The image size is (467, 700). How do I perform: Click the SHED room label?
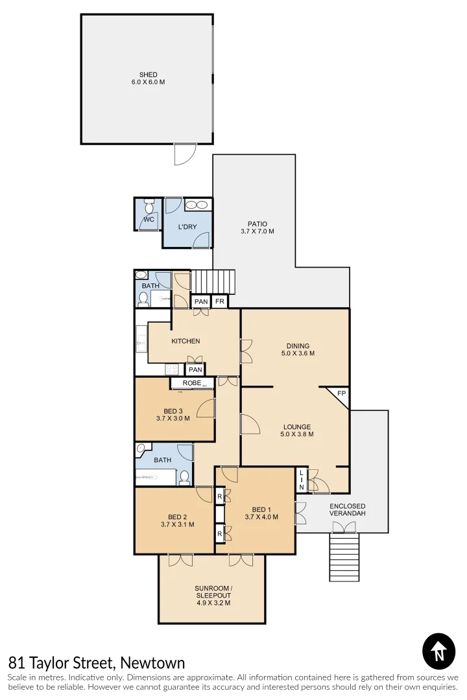coord(148,75)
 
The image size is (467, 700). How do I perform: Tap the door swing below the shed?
coord(184,154)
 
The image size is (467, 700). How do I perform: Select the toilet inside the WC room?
coord(149,207)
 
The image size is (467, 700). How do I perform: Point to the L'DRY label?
coord(187,226)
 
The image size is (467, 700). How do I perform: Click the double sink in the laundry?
coord(197,205)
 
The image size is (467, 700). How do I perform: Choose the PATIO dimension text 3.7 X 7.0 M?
coord(257,231)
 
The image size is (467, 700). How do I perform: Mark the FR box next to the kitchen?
coord(220,301)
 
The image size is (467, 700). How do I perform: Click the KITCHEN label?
coord(186,341)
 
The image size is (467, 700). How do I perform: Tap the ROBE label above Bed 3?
coord(191,383)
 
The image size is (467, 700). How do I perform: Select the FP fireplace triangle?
coord(341,394)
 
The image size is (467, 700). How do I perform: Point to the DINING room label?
coord(298,345)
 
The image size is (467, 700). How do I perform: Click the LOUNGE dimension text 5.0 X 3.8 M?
coord(297,434)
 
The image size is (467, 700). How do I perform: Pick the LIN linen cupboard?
coord(301,480)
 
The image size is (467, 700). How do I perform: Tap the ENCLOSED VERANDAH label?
coord(347,509)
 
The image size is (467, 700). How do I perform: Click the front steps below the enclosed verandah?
coord(344,557)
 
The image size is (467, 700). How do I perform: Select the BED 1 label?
coord(261,509)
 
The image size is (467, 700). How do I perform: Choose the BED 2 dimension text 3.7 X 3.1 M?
coord(177,524)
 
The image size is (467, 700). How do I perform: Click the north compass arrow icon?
coord(438,650)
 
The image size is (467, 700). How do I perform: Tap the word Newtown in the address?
coord(152,662)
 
